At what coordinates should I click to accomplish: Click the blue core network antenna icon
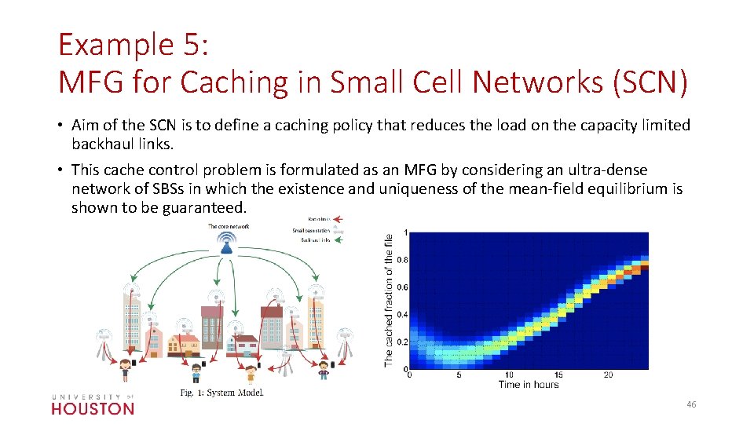(227, 246)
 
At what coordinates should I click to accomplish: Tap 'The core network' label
(228, 226)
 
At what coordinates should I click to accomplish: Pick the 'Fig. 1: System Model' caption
(221, 393)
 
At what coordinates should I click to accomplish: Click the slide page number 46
(691, 404)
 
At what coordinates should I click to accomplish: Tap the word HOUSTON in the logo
(93, 408)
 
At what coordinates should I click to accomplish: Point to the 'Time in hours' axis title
(528, 385)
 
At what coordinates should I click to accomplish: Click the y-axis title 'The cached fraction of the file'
(389, 300)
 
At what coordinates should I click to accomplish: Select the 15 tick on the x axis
(558, 375)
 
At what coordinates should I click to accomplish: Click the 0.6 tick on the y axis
(401, 287)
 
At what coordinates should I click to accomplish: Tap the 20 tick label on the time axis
(608, 375)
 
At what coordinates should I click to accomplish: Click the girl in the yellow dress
(125, 368)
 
